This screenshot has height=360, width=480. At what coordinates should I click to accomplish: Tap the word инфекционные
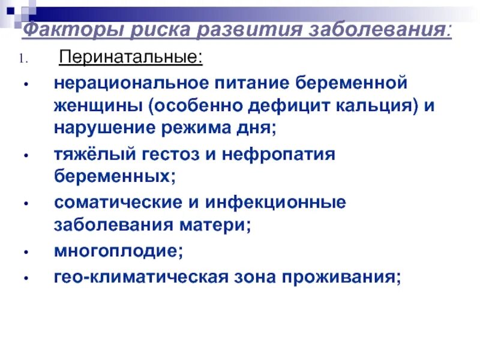point(272,203)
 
